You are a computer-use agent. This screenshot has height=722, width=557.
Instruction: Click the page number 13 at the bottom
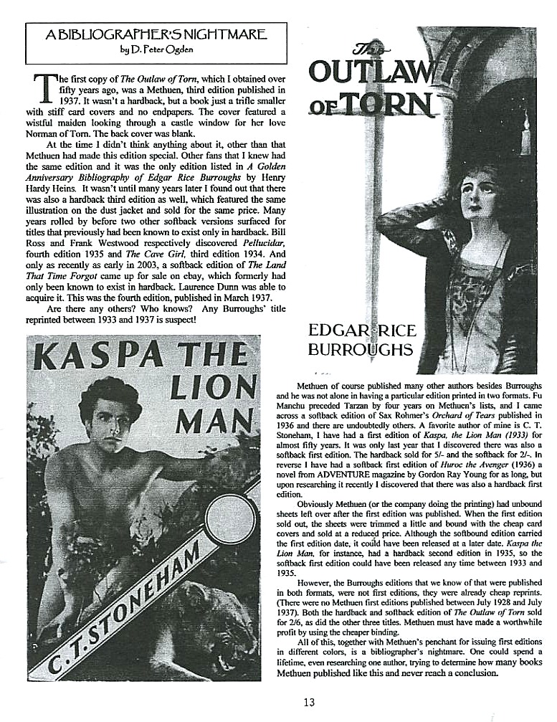pyautogui.click(x=308, y=702)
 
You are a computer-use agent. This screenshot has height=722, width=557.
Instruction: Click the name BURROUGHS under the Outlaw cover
pyautogui.click(x=361, y=349)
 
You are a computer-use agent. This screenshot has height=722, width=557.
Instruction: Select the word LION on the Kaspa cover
pyautogui.click(x=207, y=388)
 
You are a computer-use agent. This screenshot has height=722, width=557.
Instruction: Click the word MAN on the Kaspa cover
pyautogui.click(x=214, y=420)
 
